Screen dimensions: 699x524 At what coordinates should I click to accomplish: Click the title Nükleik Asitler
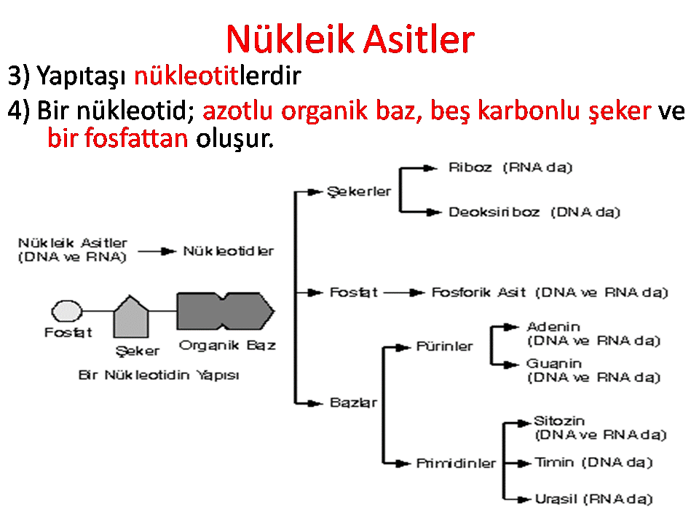click(350, 39)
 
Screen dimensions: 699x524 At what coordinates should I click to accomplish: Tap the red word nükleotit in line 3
click(186, 75)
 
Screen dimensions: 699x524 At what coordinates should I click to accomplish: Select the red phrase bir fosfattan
click(118, 138)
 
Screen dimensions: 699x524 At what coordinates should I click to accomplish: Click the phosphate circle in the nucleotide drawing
click(67, 311)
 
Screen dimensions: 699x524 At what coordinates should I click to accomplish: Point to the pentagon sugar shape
click(131, 317)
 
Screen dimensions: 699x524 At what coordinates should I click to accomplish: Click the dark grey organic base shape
click(226, 311)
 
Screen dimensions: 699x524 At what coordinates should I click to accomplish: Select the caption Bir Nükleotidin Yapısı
click(159, 376)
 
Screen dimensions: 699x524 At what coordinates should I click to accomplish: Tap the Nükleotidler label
click(228, 251)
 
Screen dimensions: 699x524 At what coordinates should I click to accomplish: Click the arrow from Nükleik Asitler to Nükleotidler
click(157, 251)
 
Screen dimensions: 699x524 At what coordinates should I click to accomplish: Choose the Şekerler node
click(359, 191)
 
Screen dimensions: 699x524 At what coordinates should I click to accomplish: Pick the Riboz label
click(470, 167)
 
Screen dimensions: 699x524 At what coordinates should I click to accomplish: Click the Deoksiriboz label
click(494, 212)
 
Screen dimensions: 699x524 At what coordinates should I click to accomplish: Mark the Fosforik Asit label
click(478, 293)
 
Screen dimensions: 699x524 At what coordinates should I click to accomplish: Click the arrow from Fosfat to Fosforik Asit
click(404, 293)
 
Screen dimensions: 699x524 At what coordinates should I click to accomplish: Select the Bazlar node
click(354, 402)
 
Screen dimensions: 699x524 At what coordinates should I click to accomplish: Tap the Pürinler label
click(444, 346)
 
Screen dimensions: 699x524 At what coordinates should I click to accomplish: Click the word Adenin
click(553, 327)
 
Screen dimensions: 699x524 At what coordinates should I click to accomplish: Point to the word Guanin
click(553, 364)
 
